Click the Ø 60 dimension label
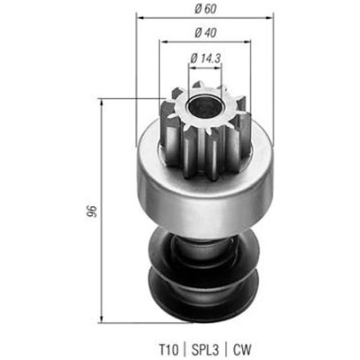tap(205, 9)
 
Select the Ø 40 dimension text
tap(205, 32)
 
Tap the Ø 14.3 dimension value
tap(205, 58)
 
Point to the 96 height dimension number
tap(92, 211)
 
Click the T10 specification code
tap(168, 349)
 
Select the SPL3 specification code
tap(205, 349)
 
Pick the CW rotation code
tap(242, 349)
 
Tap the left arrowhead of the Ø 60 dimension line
tap(139, 18)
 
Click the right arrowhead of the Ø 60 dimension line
tap(271, 18)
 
